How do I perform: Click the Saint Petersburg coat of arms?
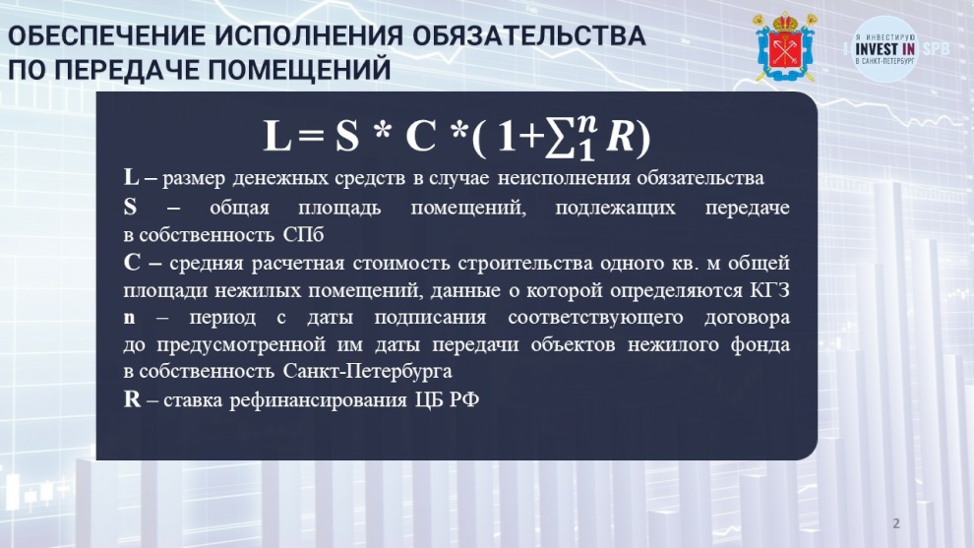click(x=785, y=47)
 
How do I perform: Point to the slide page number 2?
click(x=895, y=523)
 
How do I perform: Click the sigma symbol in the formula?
click(x=561, y=138)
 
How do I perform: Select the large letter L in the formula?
click(x=277, y=136)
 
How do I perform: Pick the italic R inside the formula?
click(x=619, y=136)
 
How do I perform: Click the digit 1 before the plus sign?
click(x=507, y=136)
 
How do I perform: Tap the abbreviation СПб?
click(x=303, y=235)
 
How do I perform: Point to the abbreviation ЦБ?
click(x=429, y=398)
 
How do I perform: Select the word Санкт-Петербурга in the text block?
click(x=368, y=372)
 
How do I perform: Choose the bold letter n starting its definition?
click(x=129, y=318)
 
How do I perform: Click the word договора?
click(x=748, y=318)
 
